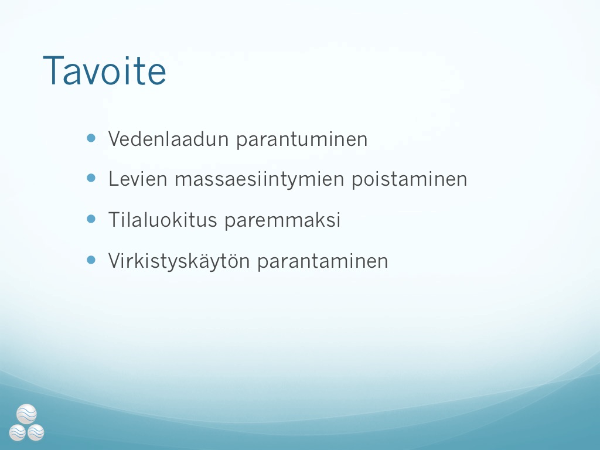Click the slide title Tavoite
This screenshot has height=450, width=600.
tap(104, 71)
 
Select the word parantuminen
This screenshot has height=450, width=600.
tap(302, 140)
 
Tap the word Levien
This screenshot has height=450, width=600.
tap(138, 179)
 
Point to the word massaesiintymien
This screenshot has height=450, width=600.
tap(260, 180)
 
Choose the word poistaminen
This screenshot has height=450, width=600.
tap(410, 180)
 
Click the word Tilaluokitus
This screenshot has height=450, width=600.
tap(163, 220)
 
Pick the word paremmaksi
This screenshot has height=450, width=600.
tap(282, 221)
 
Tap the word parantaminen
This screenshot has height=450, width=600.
tap(323, 262)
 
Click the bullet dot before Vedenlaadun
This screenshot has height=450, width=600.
tap(91, 138)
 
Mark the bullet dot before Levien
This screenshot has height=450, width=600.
tap(91, 178)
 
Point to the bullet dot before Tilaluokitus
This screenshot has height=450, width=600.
tap(91, 219)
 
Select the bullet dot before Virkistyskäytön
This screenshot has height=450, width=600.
tap(91, 260)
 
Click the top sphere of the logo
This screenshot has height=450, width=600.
tap(27, 414)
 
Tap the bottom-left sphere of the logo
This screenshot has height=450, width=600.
tap(18, 432)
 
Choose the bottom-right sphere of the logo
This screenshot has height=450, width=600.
tap(36, 432)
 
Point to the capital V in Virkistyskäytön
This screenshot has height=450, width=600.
tap(115, 261)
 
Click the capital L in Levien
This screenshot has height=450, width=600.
tap(114, 179)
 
